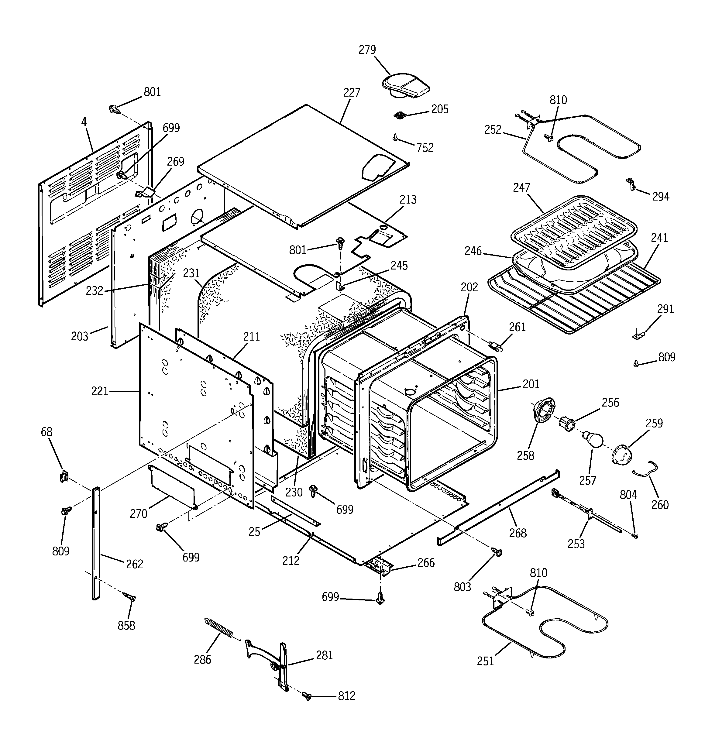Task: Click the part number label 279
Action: click(x=367, y=50)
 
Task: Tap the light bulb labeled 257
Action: click(x=592, y=440)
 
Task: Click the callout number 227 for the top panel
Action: click(x=352, y=93)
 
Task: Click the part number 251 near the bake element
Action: click(x=486, y=661)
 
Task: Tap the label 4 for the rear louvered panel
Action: click(x=84, y=122)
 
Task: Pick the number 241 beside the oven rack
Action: click(x=660, y=238)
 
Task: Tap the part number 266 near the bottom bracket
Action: click(x=426, y=563)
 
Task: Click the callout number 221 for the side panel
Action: click(x=100, y=391)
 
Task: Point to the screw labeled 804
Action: click(x=636, y=536)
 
